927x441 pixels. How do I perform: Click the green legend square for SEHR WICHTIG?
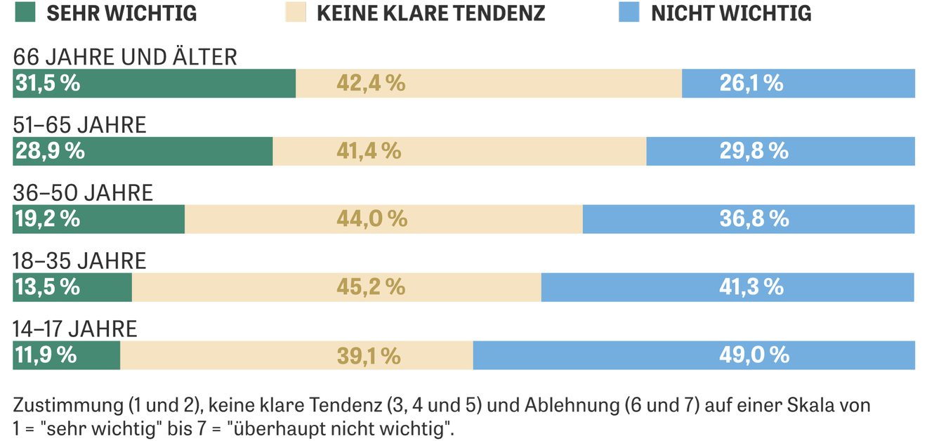pos(24,13)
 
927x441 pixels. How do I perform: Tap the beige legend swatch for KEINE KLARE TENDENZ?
pos(296,13)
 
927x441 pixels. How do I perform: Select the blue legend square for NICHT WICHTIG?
pos(629,13)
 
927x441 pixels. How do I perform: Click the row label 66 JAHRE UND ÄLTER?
pos(125,56)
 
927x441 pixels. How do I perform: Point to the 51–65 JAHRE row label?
pos(79,124)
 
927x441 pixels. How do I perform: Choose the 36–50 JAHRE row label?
pos(83,192)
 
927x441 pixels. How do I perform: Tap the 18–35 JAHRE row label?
pos(79,261)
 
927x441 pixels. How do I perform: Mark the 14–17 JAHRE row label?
pos(75,329)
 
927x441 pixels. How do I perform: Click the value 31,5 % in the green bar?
pos(47,84)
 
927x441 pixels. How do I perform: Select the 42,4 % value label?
pos(371,84)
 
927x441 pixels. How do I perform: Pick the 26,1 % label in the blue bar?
pos(751,84)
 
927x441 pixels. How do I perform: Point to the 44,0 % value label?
pos(372,219)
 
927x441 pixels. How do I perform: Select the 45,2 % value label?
pos(371,287)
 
